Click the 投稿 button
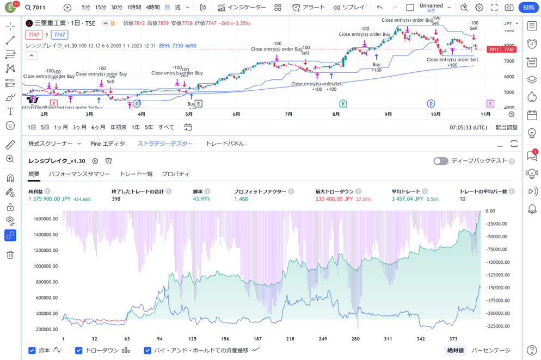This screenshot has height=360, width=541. pyautogui.click(x=528, y=8)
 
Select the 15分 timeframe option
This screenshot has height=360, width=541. pyautogui.click(x=101, y=8)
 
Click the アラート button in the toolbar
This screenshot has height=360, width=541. pyautogui.click(x=308, y=8)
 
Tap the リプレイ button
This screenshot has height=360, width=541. pyautogui.click(x=349, y=8)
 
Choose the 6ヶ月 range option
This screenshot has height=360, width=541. pyautogui.click(x=99, y=127)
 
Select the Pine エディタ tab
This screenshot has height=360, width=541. pyautogui.click(x=107, y=144)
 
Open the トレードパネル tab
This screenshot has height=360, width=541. pyautogui.click(x=225, y=144)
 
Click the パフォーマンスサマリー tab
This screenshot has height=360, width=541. pyautogui.click(x=79, y=174)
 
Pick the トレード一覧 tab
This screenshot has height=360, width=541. pyautogui.click(x=136, y=174)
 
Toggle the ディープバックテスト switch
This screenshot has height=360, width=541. pyautogui.click(x=440, y=161)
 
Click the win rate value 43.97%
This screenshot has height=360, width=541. pyautogui.click(x=201, y=199)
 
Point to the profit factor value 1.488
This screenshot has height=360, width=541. pyautogui.click(x=241, y=199)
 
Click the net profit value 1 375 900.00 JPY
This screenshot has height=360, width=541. pyautogui.click(x=50, y=199)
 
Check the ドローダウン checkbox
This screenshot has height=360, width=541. pyautogui.click(x=79, y=350)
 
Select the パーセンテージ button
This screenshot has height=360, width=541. pyautogui.click(x=491, y=350)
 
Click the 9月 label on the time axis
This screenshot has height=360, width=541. pyautogui.click(x=388, y=114)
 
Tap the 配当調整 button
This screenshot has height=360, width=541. pyautogui.click(x=507, y=127)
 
